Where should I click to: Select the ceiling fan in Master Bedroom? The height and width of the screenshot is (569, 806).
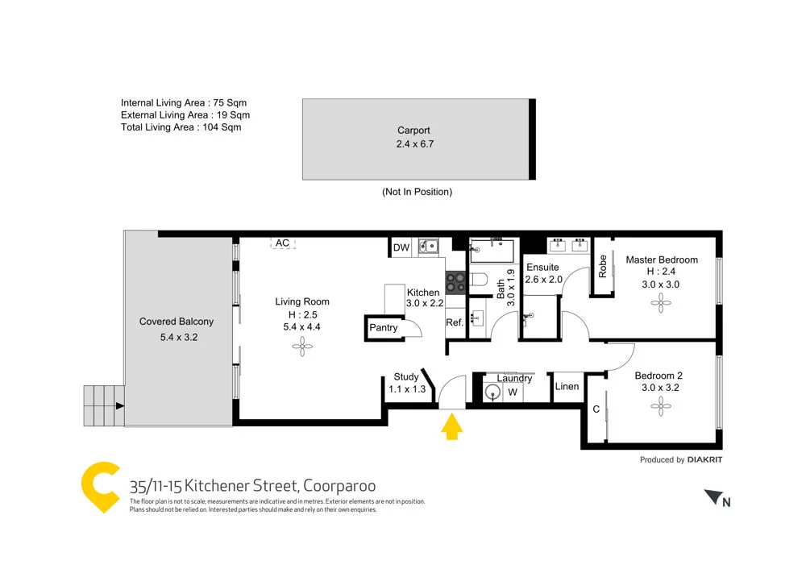662,304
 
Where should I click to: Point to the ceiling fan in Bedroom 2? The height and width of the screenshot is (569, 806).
662,407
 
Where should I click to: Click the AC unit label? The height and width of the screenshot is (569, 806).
282,243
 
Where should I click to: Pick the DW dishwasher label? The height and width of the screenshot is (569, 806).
401,247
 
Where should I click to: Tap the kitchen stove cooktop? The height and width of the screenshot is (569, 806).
455,282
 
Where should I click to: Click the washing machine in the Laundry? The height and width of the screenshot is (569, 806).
494,392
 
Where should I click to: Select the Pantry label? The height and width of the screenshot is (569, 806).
384,327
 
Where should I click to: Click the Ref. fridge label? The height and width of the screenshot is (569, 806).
455,322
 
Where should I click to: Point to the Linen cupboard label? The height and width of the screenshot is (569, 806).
567,387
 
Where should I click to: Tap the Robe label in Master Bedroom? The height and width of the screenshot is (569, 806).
602,267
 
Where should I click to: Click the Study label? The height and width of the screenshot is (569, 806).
406,376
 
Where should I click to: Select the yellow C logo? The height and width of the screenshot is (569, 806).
102,487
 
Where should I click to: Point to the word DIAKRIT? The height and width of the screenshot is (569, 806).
706,460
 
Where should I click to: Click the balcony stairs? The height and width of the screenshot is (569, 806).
102,406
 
